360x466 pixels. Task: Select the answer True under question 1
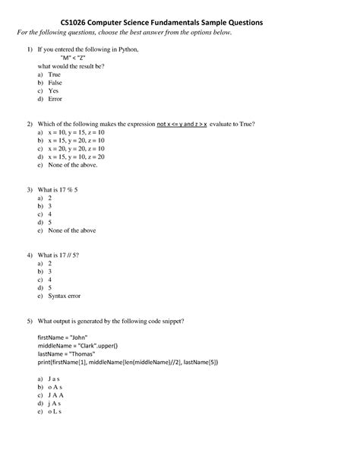pyautogui.click(x=54, y=76)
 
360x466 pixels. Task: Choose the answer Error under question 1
pyautogui.click(x=55, y=99)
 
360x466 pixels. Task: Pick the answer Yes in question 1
pyautogui.click(x=53, y=91)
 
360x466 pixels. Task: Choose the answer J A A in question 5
pyautogui.click(x=55, y=395)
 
